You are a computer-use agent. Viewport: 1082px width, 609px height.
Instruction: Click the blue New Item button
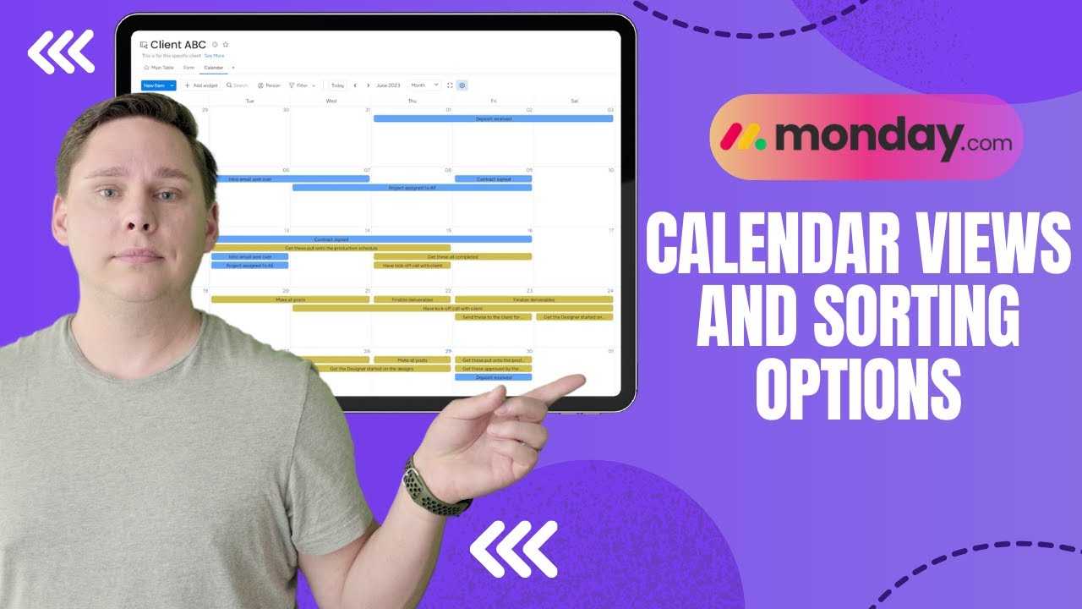pos(154,85)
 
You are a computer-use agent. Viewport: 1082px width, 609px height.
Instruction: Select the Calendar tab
pos(213,67)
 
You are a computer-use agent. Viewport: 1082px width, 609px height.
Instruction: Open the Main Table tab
pos(160,67)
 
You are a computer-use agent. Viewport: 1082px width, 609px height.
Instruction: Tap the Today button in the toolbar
pos(337,85)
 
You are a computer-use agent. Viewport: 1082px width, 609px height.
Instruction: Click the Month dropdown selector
pos(424,85)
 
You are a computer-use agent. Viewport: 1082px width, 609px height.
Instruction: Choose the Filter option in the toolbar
pos(302,85)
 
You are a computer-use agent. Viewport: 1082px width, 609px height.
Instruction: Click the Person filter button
pos(269,85)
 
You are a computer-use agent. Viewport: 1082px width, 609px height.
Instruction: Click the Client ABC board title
pos(178,45)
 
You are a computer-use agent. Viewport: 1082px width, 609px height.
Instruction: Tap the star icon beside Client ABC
pos(226,45)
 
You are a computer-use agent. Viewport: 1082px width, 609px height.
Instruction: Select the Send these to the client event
pos(493,317)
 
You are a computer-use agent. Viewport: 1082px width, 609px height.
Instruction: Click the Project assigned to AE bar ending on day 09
pos(412,188)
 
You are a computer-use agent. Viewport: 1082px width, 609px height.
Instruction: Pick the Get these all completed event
pos(452,256)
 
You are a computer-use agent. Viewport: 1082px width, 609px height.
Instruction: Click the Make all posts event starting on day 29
pos(412,360)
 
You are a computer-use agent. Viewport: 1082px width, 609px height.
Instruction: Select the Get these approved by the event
pos(493,369)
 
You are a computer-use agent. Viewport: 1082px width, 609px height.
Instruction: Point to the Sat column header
pos(574,101)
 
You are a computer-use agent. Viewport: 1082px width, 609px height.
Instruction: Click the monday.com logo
pos(866,137)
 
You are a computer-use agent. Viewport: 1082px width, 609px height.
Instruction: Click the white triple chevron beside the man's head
pos(60,52)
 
